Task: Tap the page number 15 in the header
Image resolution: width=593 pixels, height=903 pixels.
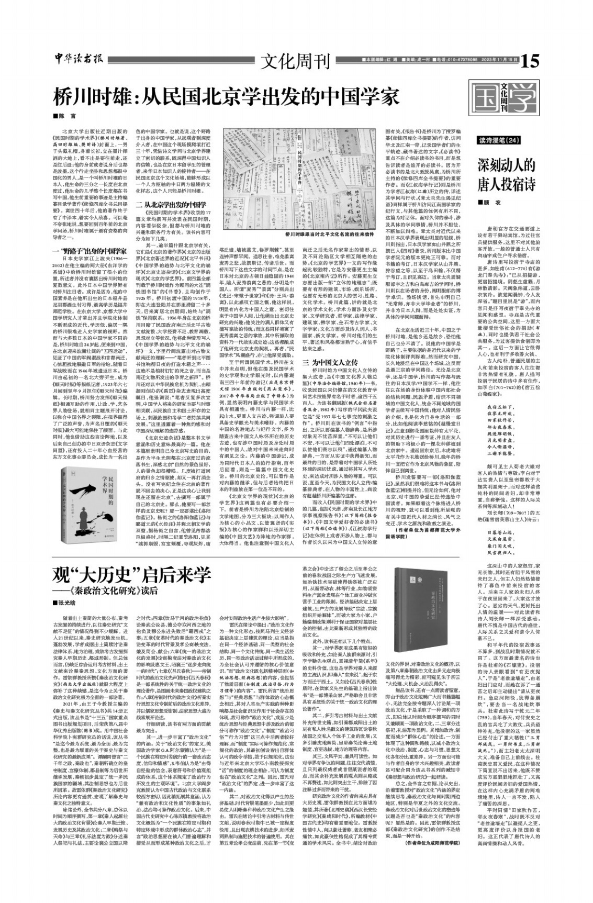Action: click(x=529, y=61)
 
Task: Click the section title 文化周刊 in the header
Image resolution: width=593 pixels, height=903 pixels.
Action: click(x=296, y=61)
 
